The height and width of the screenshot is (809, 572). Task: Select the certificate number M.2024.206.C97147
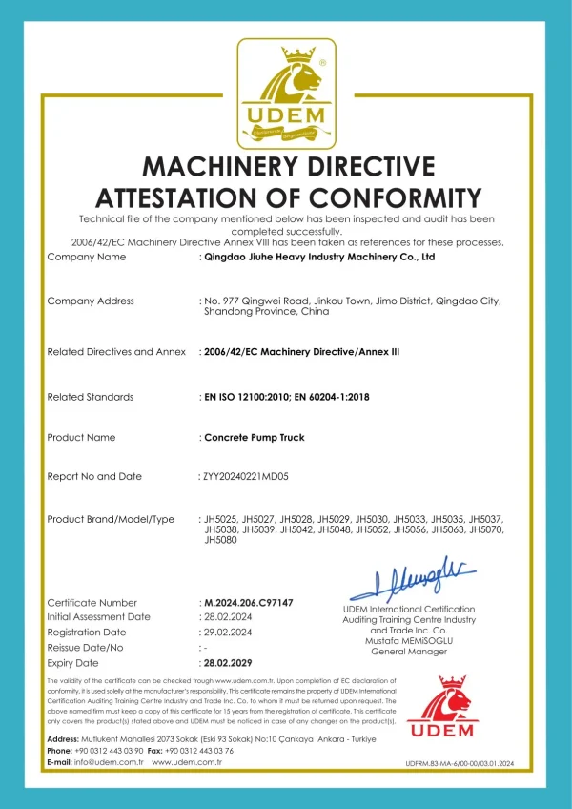coord(248,603)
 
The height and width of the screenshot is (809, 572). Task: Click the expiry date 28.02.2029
coord(229,662)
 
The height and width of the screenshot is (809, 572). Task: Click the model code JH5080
coord(219,540)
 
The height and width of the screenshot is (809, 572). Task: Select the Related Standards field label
coord(91,397)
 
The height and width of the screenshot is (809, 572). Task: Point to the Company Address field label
coord(91,301)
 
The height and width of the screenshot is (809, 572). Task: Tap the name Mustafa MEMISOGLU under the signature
coord(408,641)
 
